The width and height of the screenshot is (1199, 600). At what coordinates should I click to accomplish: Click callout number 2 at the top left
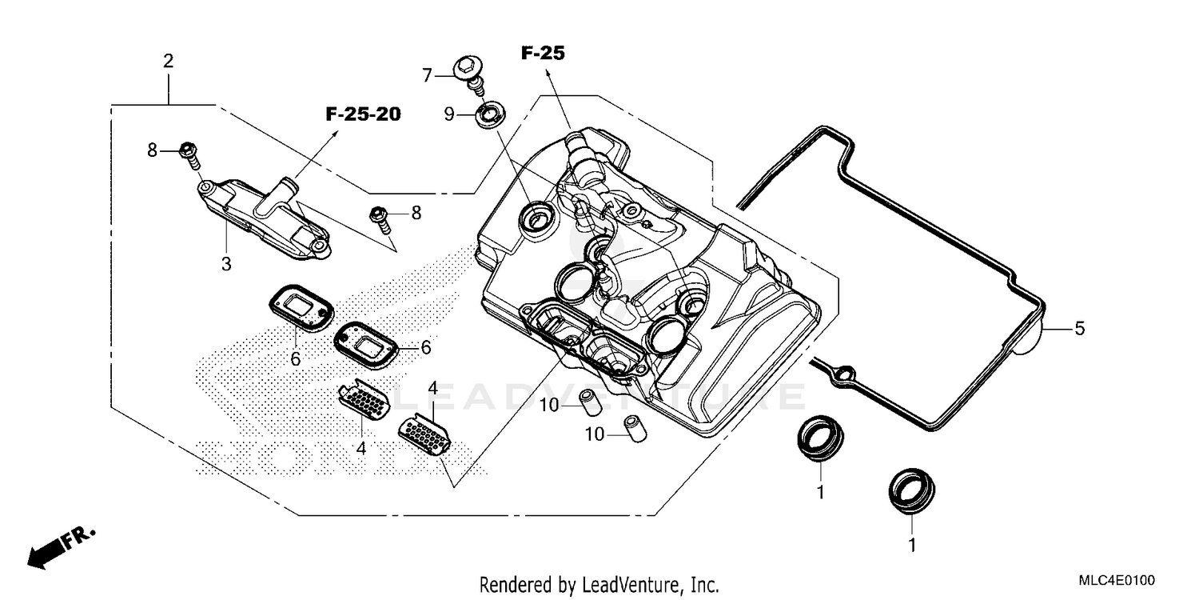tap(168, 61)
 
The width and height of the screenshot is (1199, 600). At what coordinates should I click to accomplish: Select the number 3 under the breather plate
tap(226, 263)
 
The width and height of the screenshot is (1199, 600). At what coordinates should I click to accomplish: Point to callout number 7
tap(427, 75)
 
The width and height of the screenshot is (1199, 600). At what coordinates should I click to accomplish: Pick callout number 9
tap(449, 114)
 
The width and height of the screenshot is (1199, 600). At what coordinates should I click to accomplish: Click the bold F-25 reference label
tap(543, 54)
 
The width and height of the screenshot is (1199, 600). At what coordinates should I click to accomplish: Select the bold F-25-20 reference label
tap(363, 114)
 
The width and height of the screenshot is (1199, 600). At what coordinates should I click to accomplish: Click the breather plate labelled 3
tap(264, 216)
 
